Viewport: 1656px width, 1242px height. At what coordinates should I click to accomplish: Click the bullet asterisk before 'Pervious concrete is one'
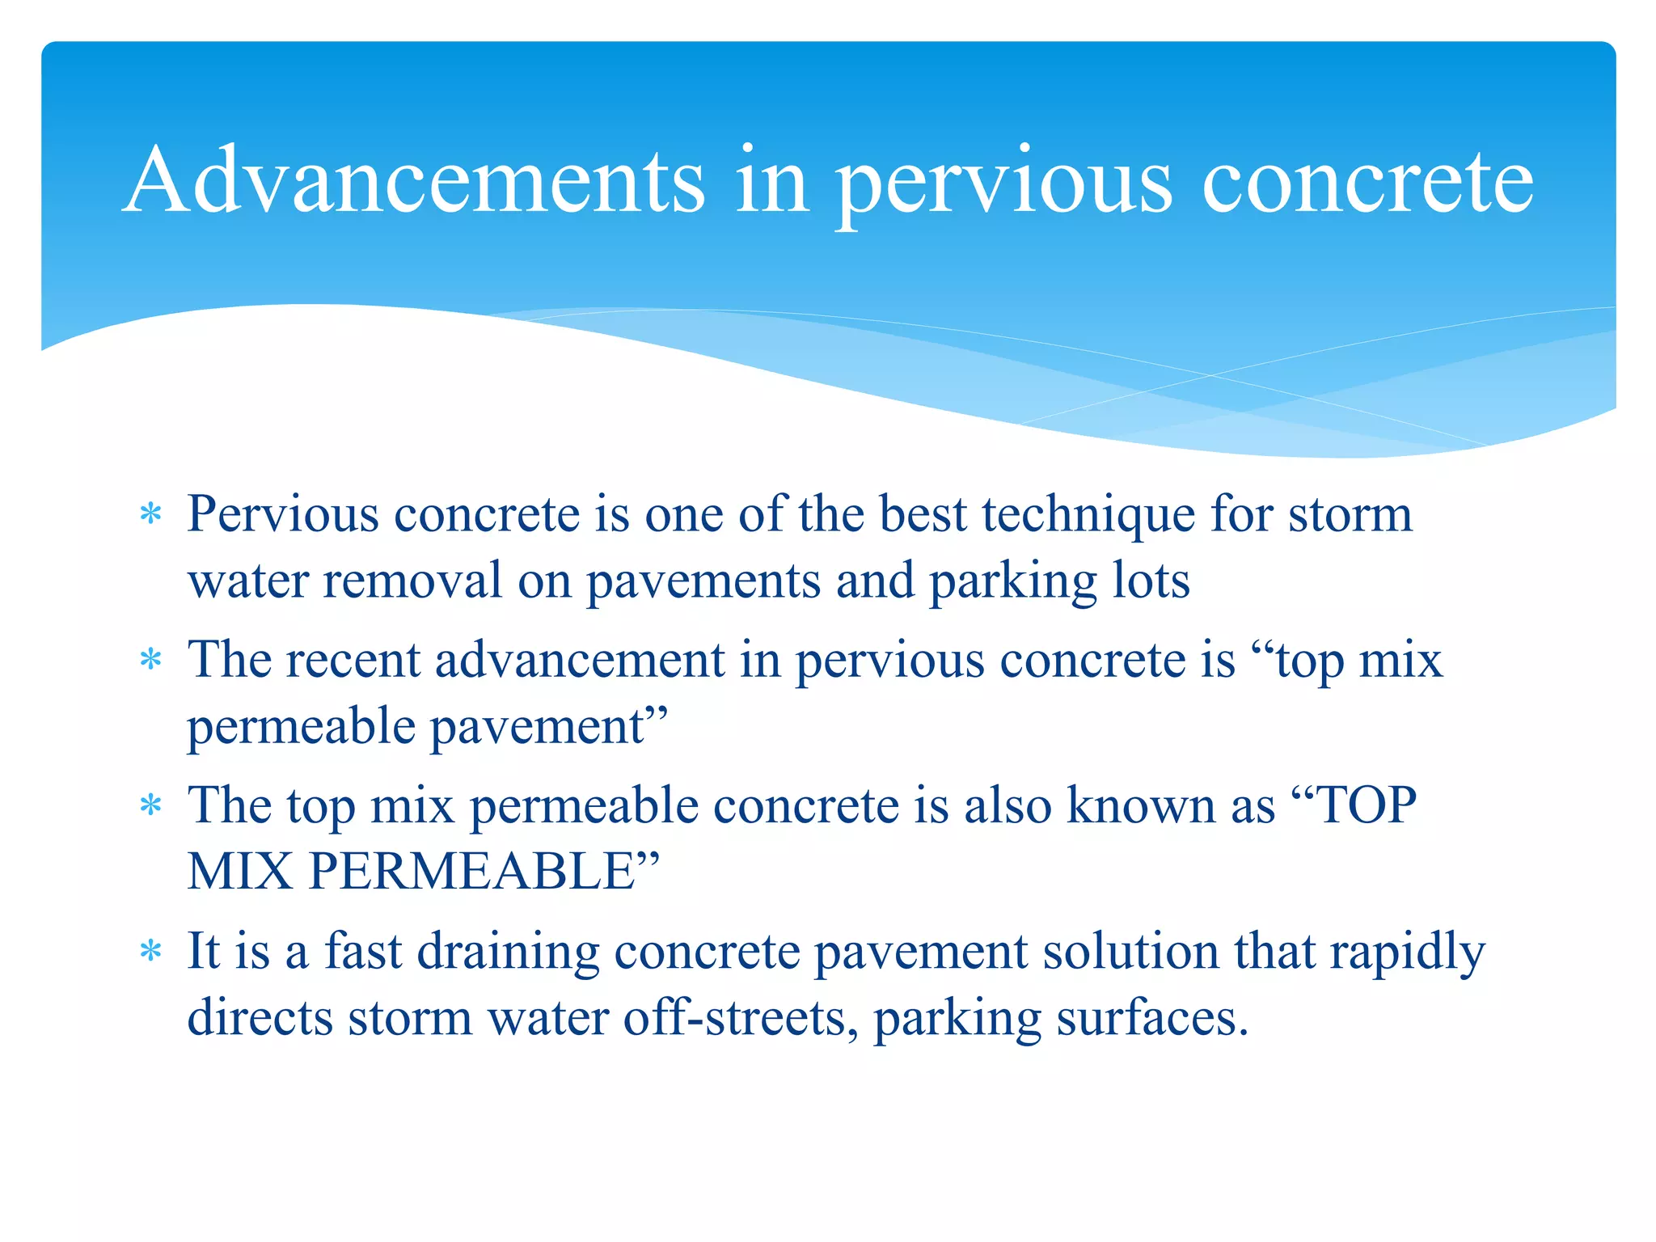tap(150, 514)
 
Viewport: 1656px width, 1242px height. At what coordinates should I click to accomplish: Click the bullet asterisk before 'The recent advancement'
tap(150, 660)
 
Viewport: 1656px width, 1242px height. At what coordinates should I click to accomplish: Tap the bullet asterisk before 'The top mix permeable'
tap(150, 805)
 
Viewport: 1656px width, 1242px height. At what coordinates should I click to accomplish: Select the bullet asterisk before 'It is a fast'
tap(150, 951)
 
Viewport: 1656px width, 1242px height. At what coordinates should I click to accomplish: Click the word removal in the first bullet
tap(412, 581)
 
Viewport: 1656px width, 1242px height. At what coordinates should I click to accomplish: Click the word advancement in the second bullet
tap(580, 660)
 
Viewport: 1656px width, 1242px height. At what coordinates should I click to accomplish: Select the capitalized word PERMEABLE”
tap(484, 872)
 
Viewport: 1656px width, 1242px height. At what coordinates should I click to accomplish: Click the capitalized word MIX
tap(240, 872)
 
